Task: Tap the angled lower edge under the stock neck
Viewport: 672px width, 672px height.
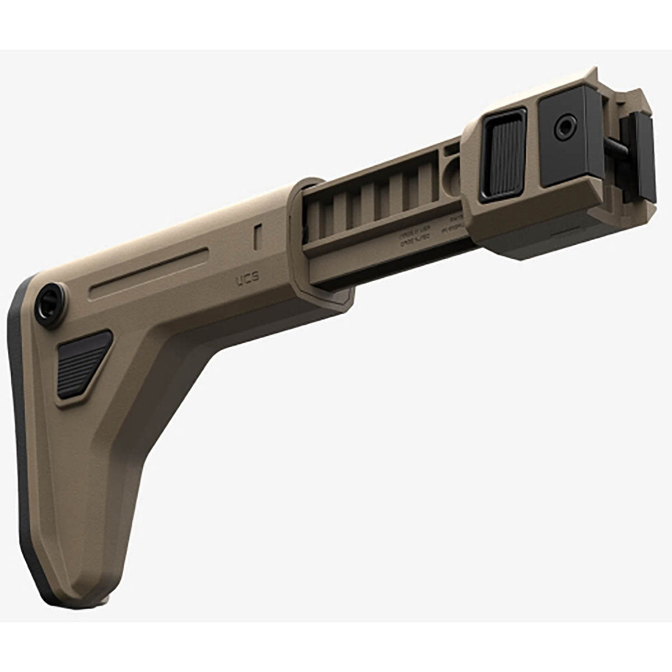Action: coord(185,392)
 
